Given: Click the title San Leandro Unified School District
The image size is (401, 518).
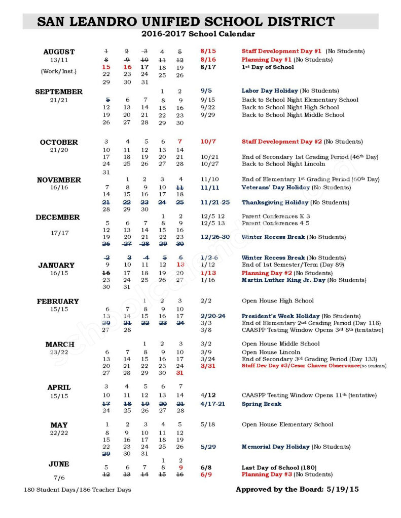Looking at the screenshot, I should [186, 22].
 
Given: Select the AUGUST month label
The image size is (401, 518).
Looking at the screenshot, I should [59, 52].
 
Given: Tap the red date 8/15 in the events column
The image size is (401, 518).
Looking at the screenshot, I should [208, 51].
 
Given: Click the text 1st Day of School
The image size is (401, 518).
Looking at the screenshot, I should [267, 67].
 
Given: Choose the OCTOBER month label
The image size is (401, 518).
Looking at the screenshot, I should [59, 142].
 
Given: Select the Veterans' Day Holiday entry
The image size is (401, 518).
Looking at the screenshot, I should [276, 187].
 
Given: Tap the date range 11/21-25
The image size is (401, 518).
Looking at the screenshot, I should [215, 202].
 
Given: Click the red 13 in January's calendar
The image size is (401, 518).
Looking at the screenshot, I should [180, 265].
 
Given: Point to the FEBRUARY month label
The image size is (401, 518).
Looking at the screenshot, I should [58, 301].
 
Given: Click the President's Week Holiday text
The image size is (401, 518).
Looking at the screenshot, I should [280, 316].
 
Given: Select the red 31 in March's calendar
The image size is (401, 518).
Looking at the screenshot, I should [179, 373].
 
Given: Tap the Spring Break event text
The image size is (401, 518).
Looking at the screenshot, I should [262, 404].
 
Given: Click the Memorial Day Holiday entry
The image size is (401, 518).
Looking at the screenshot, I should [275, 447].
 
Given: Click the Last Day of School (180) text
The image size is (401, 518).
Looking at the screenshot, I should [279, 468].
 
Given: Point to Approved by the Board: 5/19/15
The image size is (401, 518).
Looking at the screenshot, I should [298, 490].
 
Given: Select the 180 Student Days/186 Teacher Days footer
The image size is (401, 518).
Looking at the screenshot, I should [77, 490].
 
